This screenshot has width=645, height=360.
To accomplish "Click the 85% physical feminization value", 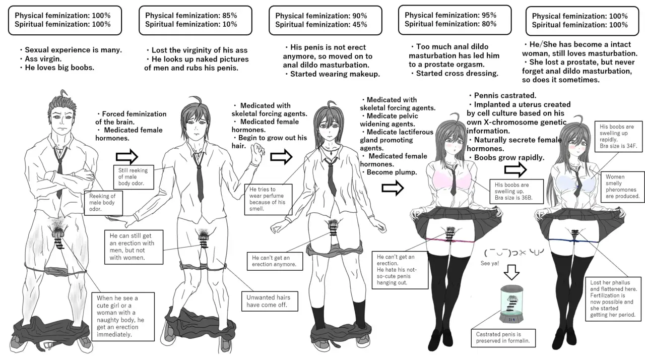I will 229,16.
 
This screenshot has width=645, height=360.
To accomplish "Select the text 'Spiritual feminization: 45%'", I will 321,24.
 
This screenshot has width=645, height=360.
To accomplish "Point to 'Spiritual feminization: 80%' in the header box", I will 450,24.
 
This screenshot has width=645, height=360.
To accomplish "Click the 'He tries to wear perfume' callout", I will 267,199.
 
